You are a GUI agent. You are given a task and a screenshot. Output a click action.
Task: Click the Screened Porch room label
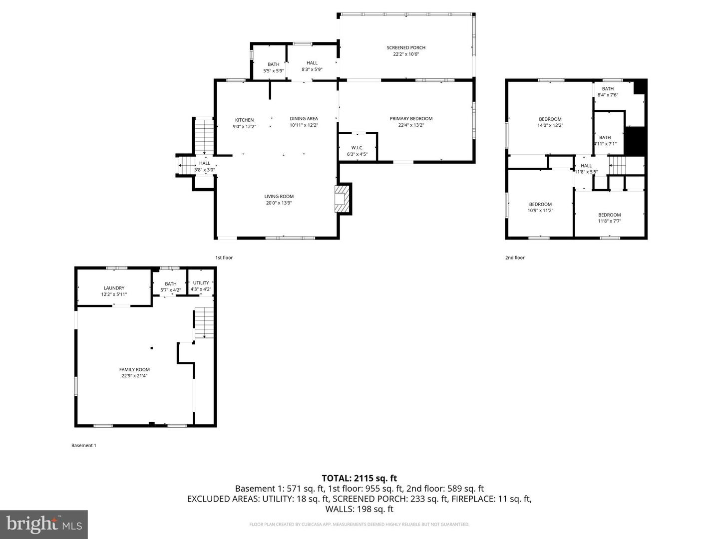(x=405, y=48)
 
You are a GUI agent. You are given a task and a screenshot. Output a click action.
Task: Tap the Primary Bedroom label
(x=411, y=119)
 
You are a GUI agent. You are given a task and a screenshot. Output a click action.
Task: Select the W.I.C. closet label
(x=357, y=148)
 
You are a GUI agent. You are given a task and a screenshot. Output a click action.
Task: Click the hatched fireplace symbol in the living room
(x=342, y=198)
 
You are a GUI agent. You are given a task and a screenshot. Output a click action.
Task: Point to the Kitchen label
(x=244, y=120)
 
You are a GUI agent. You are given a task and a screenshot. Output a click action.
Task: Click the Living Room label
(x=279, y=197)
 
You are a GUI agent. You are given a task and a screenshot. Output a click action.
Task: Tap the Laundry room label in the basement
(x=114, y=288)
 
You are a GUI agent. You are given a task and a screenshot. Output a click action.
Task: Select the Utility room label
(x=201, y=283)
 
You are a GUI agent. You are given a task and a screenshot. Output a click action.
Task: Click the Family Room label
(x=134, y=370)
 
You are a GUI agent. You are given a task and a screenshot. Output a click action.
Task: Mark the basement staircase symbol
(x=203, y=323)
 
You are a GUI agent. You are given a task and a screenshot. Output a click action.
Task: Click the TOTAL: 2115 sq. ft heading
(x=359, y=478)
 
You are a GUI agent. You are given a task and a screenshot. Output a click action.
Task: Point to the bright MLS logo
(x=44, y=524)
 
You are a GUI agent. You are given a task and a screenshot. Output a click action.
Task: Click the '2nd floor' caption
(x=515, y=258)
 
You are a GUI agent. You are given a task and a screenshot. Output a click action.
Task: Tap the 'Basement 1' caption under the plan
(x=83, y=446)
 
